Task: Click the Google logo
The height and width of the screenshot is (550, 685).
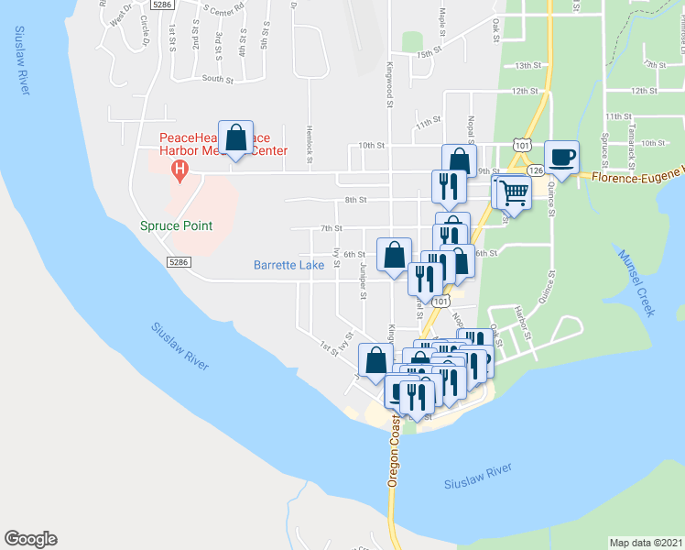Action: [30, 539]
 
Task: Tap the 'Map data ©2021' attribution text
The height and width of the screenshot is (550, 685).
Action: [646, 542]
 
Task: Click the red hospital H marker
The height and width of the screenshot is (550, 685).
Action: [180, 170]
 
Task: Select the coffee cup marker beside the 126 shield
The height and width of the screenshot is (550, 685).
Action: [560, 157]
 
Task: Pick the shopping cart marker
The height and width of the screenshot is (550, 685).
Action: [515, 192]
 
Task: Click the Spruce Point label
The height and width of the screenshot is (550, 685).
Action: [176, 225]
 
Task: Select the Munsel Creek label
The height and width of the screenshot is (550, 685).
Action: [636, 283]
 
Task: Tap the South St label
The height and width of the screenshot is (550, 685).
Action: [217, 80]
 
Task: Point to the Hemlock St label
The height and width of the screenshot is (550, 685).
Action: [310, 138]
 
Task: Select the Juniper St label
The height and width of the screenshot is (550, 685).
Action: [364, 282]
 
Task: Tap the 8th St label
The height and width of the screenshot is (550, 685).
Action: [355, 200]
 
